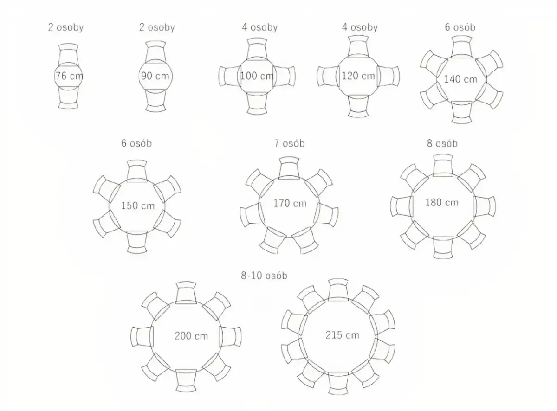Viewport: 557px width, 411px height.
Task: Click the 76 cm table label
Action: pyautogui.click(x=69, y=76)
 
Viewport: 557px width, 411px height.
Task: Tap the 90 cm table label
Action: pyautogui.click(x=155, y=76)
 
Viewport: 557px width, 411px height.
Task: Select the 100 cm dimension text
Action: pyautogui.click(x=257, y=76)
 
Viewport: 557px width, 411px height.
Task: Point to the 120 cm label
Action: pyautogui.click(x=358, y=76)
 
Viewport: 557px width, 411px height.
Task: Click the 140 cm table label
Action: pyautogui.click(x=460, y=79)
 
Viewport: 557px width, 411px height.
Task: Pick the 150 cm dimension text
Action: pyautogui.click(x=138, y=206)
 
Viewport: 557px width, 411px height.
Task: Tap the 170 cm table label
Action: pyautogui.click(x=290, y=203)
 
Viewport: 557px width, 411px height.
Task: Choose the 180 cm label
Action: pyautogui.click(x=442, y=202)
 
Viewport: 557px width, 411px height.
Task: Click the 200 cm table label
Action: pyautogui.click(x=191, y=336)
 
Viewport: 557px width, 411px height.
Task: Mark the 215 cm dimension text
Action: pyautogui.click(x=343, y=335)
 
